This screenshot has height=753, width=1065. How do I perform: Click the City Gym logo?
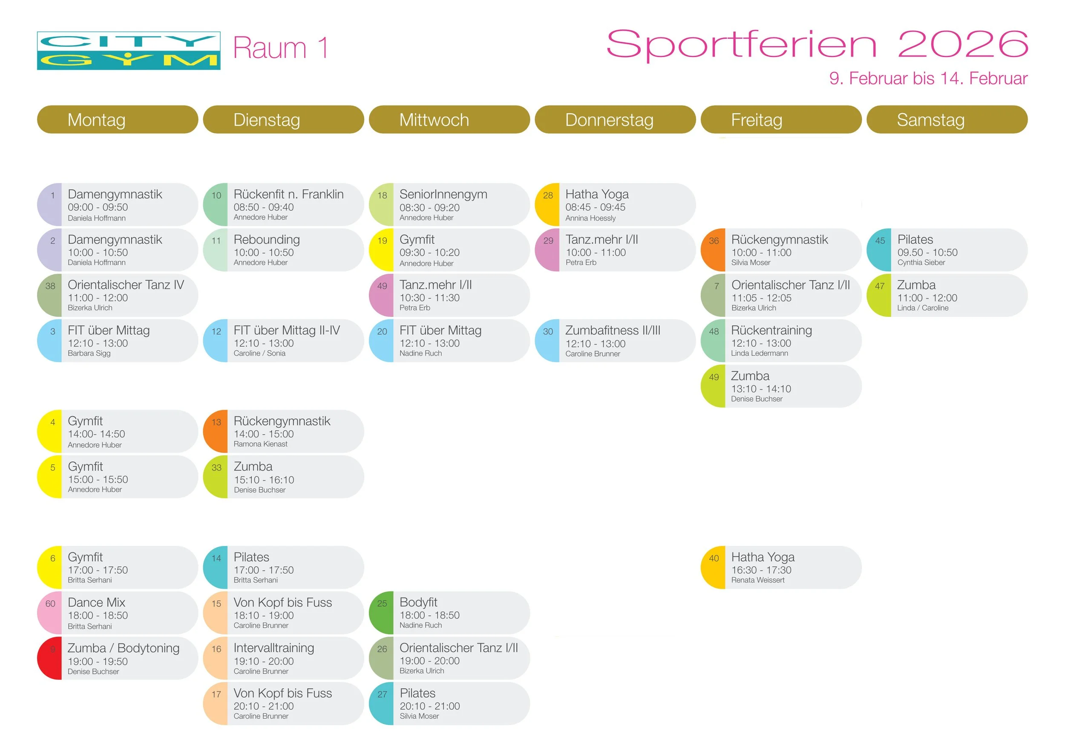(x=129, y=51)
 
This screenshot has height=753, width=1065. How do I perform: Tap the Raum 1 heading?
(x=280, y=48)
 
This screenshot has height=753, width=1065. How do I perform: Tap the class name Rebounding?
(x=267, y=240)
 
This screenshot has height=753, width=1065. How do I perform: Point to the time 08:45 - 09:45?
(x=595, y=207)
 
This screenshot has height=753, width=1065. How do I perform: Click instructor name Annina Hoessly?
(x=590, y=218)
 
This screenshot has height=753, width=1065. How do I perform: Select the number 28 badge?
(x=547, y=195)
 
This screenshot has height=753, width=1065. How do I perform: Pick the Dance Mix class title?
(x=96, y=602)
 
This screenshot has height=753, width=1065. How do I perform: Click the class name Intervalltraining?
(x=273, y=648)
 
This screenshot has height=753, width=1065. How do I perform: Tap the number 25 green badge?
(x=382, y=604)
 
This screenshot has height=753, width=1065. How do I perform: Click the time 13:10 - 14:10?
(x=761, y=389)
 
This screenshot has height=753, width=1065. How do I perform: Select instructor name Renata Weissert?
(x=757, y=580)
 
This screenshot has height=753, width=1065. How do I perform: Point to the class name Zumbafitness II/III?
(x=612, y=331)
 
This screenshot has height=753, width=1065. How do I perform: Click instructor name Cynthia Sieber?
(x=921, y=262)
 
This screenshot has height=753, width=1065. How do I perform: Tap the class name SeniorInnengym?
(x=443, y=194)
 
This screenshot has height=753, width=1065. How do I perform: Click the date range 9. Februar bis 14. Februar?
(x=928, y=78)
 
